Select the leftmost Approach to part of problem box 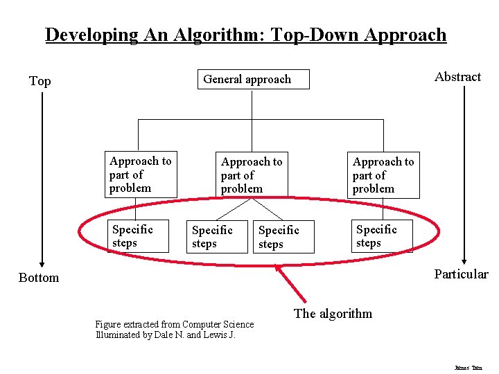click(x=141, y=175)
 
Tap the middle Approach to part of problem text click(x=252, y=175)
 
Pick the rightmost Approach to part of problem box click(x=383, y=175)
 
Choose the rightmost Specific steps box click(x=384, y=236)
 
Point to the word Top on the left click(x=40, y=81)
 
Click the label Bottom click(x=39, y=278)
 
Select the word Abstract click(x=457, y=77)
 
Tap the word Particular click(x=461, y=274)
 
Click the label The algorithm click(x=333, y=314)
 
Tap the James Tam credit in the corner click(x=469, y=367)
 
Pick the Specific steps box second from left click(x=216, y=237)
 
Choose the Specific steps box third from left click(x=284, y=237)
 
